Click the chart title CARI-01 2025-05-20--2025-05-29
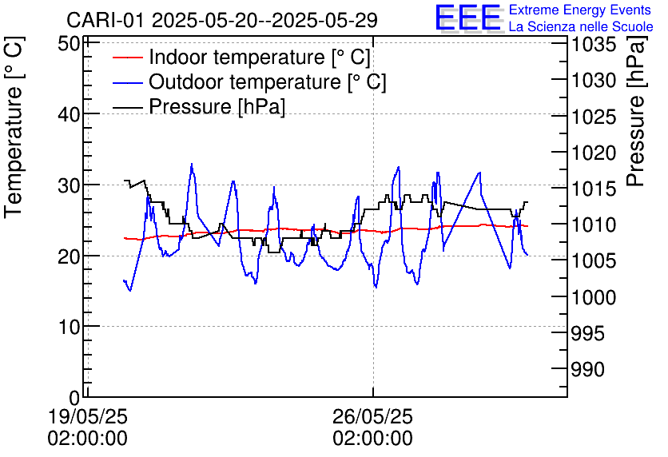click(222, 19)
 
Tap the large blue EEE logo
click(467, 18)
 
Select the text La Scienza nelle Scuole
click(581, 27)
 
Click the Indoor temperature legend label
click(260, 58)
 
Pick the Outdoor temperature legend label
click(267, 82)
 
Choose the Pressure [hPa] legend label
click(217, 107)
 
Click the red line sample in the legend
click(126, 58)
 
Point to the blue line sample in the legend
click(126, 82)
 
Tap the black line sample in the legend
click(126, 107)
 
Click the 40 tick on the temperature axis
click(70, 114)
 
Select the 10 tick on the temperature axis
click(70, 327)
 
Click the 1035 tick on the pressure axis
click(593, 45)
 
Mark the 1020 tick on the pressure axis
click(593, 153)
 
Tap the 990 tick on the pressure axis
click(588, 369)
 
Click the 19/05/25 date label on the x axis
click(88, 417)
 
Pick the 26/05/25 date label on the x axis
click(373, 417)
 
